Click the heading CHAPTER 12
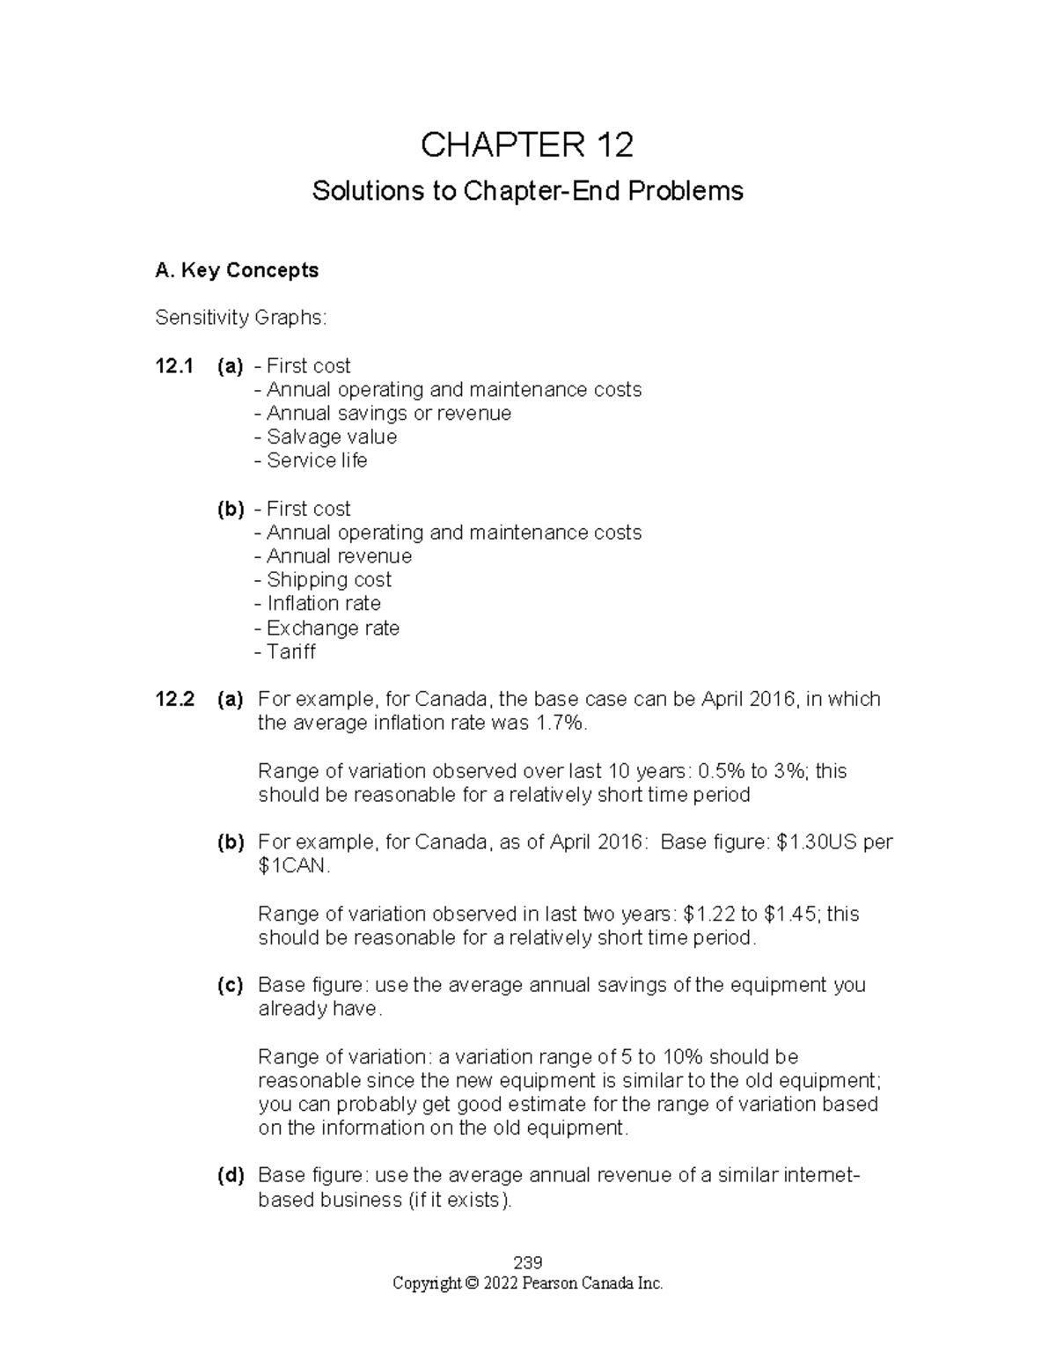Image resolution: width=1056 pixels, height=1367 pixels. click(527, 145)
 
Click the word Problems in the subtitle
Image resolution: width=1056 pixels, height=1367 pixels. click(692, 191)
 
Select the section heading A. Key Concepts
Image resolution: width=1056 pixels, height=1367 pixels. click(236, 270)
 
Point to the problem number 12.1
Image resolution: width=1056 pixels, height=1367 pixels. click(173, 366)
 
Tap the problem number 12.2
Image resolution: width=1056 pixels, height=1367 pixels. click(173, 700)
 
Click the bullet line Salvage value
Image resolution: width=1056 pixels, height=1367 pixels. click(325, 437)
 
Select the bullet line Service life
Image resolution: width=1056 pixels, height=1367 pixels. click(310, 461)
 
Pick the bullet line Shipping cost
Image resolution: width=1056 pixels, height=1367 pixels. click(322, 580)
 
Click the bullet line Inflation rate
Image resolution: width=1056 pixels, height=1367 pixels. click(317, 604)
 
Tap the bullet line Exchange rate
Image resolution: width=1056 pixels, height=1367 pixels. click(326, 628)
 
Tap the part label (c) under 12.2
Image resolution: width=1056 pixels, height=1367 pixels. click(231, 986)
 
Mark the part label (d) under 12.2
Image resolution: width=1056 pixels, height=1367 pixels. click(231, 1176)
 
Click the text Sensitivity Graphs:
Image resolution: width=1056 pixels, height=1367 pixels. click(240, 318)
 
